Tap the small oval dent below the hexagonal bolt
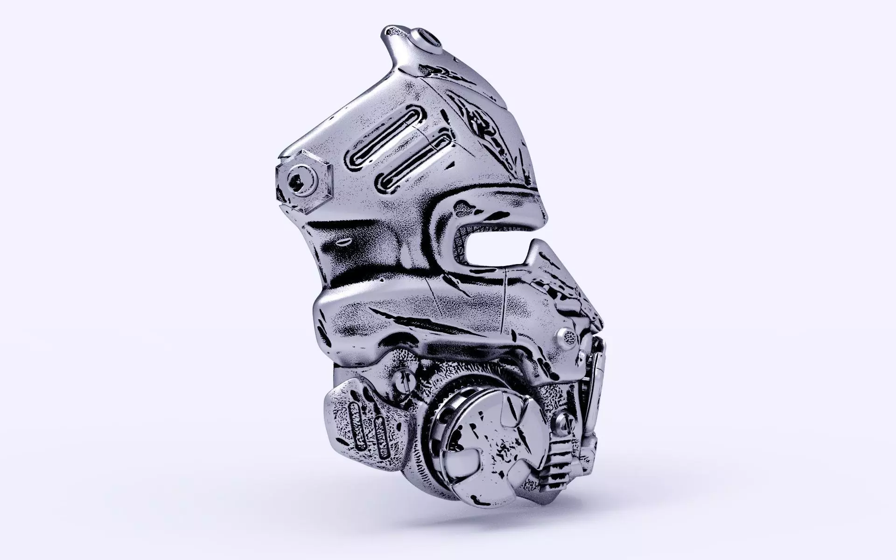(343, 242)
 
